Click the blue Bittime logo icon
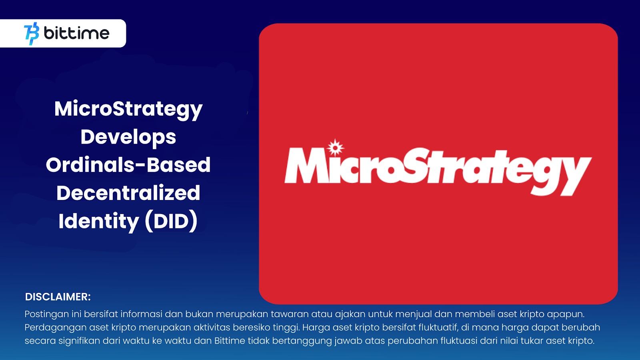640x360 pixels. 32,34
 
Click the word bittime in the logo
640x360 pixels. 76,33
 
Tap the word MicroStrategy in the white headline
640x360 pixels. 128,109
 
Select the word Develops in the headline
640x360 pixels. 128,137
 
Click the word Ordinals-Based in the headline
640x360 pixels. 128,165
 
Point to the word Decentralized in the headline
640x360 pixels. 128,193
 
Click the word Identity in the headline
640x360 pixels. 99,221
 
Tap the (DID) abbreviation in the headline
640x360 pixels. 171,221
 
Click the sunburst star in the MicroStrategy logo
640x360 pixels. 335,148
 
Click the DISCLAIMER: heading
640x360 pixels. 58,297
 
